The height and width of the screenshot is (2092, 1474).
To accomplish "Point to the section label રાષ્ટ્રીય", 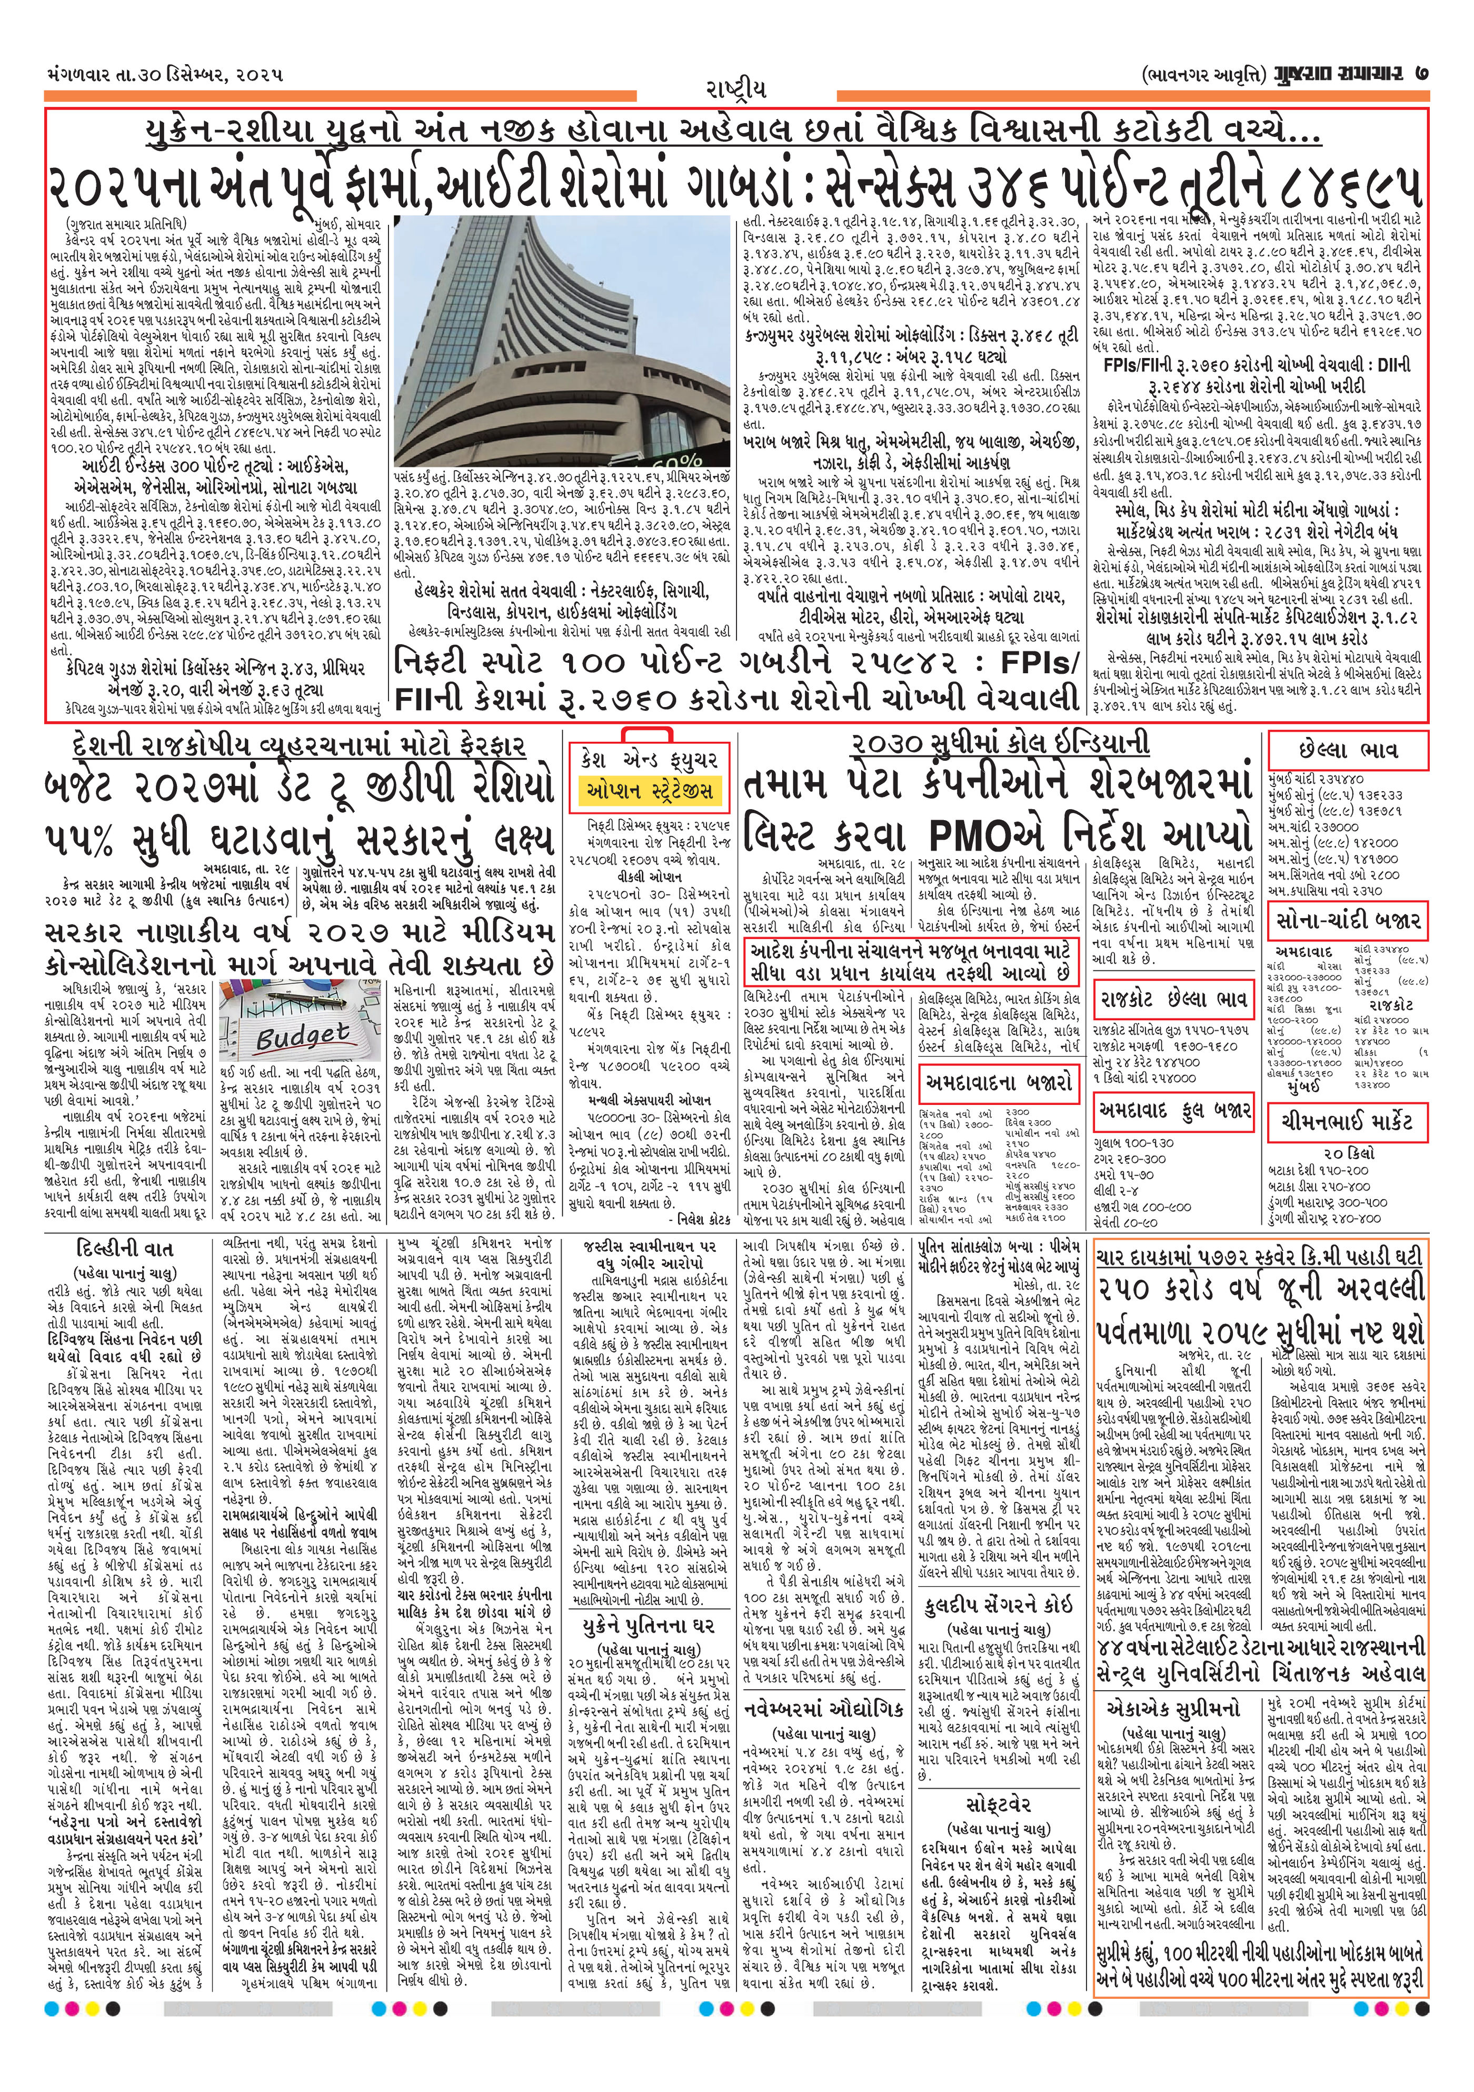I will pyautogui.click(x=736, y=89).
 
